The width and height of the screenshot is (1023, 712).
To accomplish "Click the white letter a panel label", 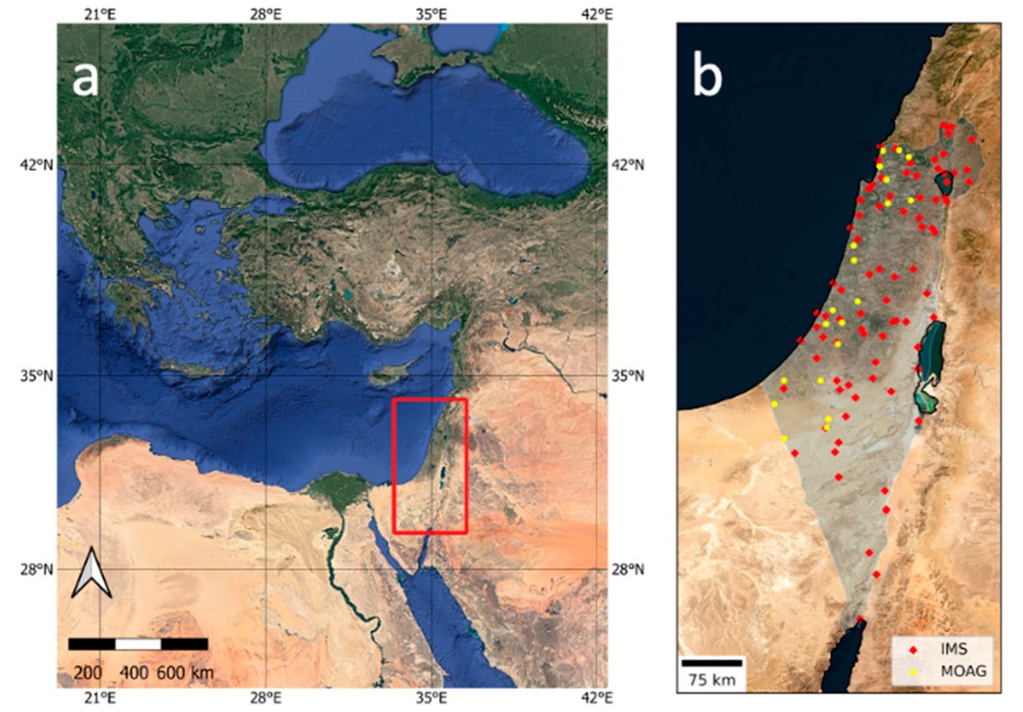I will [85, 80].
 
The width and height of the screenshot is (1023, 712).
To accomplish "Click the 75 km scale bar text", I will [711, 680].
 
